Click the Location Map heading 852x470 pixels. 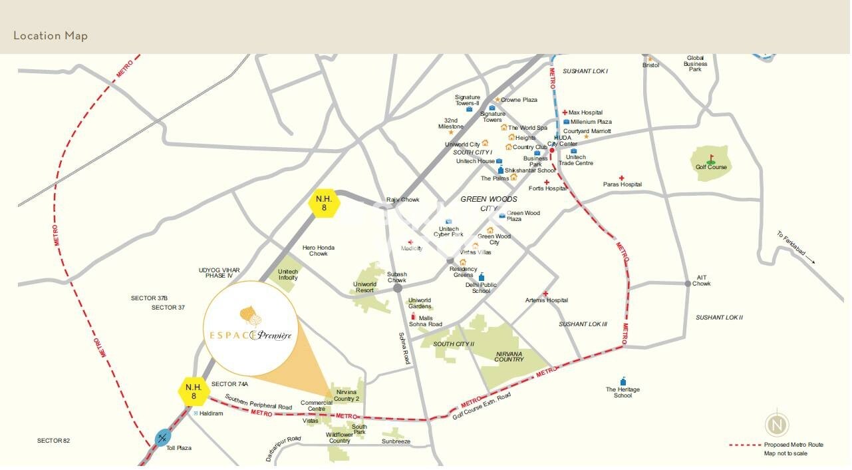click(x=51, y=36)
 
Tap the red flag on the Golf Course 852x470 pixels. click(x=711, y=158)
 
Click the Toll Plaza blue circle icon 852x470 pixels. click(x=163, y=438)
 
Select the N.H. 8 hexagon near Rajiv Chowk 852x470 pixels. click(x=325, y=203)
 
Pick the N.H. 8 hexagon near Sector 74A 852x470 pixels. click(x=194, y=391)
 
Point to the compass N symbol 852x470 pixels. click(x=777, y=425)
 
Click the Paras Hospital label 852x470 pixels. click(x=623, y=184)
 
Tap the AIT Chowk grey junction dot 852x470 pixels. click(x=688, y=284)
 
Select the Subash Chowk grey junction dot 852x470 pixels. click(x=397, y=289)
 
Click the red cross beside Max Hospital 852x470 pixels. click(x=565, y=113)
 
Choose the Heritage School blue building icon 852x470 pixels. click(x=623, y=381)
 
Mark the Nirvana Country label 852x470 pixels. click(x=509, y=356)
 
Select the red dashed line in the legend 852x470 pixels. click(x=744, y=445)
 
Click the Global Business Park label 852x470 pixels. click(x=695, y=64)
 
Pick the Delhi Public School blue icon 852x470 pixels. click(x=482, y=277)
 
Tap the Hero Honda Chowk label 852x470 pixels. click(x=319, y=250)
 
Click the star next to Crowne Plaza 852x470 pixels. click(x=497, y=100)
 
